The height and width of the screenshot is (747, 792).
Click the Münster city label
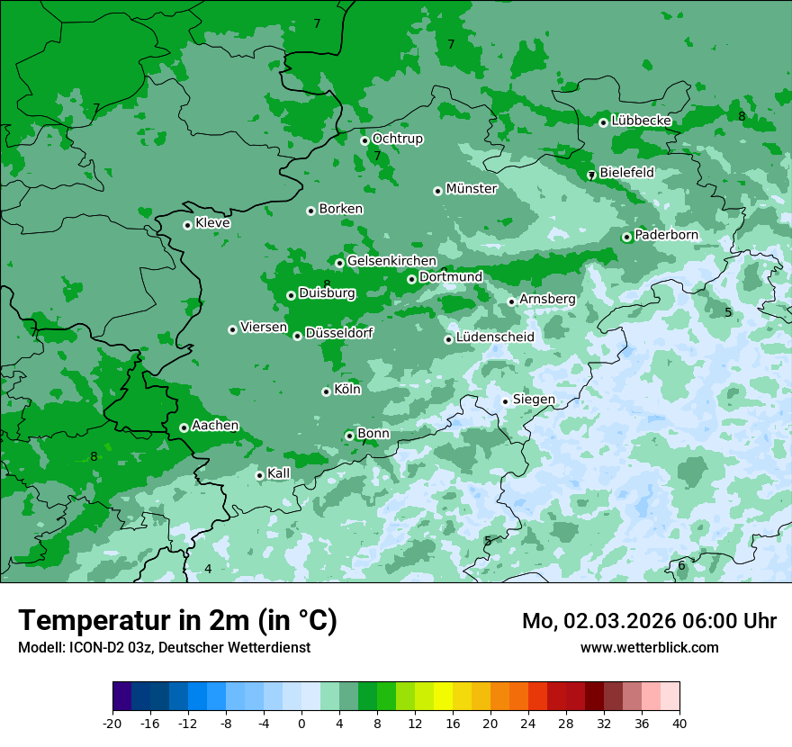coord(471,189)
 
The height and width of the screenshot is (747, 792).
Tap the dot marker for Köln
coord(326,391)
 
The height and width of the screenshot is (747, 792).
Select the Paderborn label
coord(666,235)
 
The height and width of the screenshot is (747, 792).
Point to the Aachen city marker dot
coord(184,427)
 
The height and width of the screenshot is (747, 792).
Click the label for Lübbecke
coord(641,121)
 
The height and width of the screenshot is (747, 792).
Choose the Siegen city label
coord(534,400)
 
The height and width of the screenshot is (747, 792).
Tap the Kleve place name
coord(212,223)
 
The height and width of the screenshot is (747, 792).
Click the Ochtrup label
coord(397,139)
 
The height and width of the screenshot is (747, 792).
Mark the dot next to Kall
coord(259,475)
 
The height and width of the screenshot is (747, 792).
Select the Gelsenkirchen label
coord(391,261)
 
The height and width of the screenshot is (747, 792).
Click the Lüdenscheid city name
coord(495,337)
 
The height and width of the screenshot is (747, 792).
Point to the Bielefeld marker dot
coord(591,175)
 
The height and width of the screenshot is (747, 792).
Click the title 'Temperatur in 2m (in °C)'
coord(177,621)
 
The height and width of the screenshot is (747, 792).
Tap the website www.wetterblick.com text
coord(649,648)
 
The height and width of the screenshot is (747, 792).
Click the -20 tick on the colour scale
coord(112,724)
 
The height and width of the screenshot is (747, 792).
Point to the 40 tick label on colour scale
coord(679,724)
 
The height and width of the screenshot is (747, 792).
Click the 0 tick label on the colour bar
coord(301,724)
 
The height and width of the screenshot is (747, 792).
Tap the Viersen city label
coord(263,328)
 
